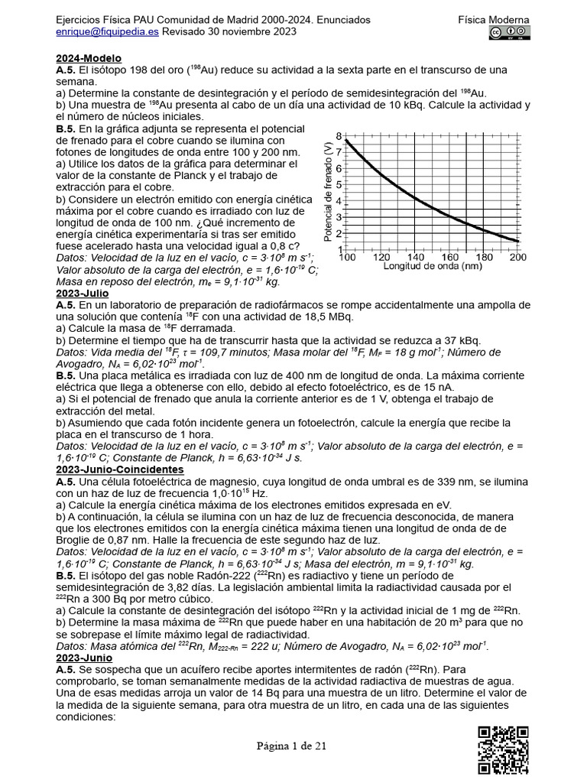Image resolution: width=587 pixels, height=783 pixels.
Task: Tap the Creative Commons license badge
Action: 510,32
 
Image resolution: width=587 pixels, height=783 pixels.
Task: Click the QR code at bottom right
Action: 503,749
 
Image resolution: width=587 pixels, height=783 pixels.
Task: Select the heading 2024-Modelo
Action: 89,59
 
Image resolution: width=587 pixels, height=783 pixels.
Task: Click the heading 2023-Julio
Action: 82,293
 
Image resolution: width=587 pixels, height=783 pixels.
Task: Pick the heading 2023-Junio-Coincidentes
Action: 120,469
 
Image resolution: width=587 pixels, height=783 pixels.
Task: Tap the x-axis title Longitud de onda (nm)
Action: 432,267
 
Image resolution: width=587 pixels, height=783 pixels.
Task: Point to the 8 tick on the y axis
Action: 339,136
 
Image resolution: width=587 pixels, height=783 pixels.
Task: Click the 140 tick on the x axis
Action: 416,258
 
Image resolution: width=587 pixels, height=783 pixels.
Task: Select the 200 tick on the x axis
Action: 517,258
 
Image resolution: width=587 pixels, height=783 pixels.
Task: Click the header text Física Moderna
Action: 499,20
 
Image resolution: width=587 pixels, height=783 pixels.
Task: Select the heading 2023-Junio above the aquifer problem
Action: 83,656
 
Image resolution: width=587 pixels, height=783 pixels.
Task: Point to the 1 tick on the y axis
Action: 339,249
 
